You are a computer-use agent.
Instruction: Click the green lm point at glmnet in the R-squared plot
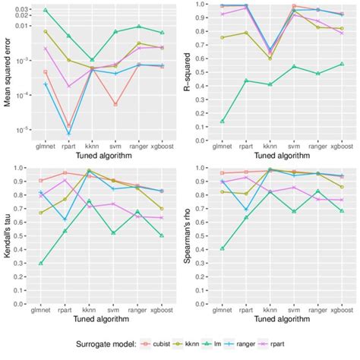coord(222,122)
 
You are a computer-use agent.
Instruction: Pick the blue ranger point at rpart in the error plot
coord(68,134)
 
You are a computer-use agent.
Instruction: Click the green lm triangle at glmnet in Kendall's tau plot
coord(40,263)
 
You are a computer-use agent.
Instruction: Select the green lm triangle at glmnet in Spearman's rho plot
coord(222,248)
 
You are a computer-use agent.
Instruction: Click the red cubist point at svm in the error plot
coord(115,104)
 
